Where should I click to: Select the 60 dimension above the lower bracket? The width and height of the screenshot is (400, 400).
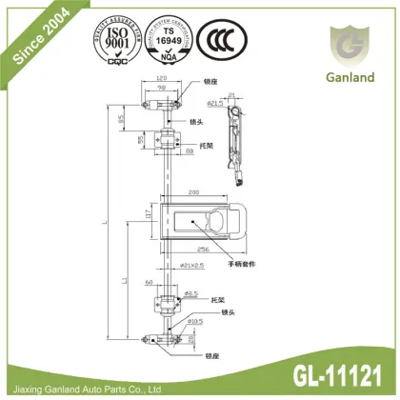point(148,284)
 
